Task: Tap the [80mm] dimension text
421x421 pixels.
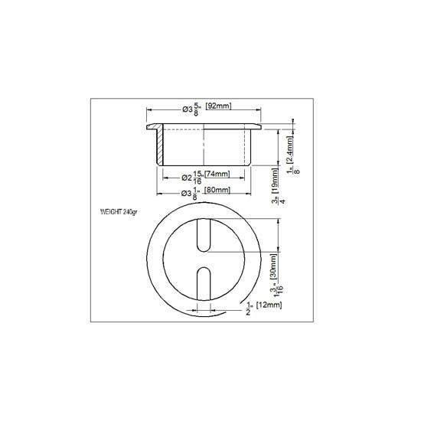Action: pyautogui.click(x=219, y=192)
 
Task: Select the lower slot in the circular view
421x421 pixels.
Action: pyautogui.click(x=204, y=286)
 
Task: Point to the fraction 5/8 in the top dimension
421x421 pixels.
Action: pyautogui.click(x=198, y=109)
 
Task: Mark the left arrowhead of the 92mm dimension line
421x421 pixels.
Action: pyautogui.click(x=149, y=109)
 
